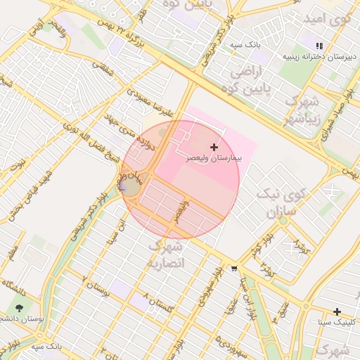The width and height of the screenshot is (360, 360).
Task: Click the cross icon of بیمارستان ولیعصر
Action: coord(214,146)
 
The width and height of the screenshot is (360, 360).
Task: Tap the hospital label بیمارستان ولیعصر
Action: coord(214,159)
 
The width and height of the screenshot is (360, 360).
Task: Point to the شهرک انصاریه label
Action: coord(167,255)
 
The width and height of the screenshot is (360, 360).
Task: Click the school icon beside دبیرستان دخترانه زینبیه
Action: coord(320,45)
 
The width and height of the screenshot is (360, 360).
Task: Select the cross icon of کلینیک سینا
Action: coord(337,311)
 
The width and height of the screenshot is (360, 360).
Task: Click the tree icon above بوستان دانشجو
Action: coord(19,307)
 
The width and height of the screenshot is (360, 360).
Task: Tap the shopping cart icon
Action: coord(233,269)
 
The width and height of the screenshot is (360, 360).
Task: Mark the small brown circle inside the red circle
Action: coord(131,187)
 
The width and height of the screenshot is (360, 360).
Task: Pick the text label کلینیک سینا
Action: coord(335,323)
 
